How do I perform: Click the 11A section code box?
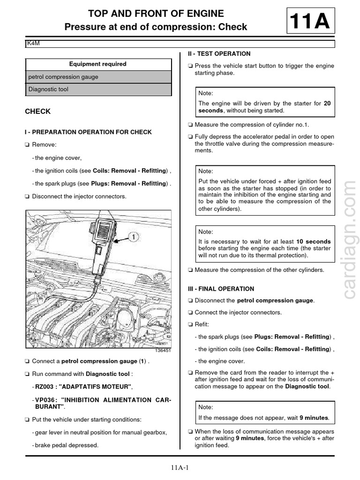310,21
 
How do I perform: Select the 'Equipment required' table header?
98,64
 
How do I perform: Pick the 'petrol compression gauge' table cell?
63,77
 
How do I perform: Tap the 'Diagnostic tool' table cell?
48,89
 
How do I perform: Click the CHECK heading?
37,112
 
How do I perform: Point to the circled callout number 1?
134,238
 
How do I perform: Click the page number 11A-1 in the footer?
180,467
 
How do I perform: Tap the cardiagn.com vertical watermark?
349,239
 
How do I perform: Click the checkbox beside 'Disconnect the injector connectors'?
27,197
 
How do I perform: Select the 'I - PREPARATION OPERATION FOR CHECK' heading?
88,132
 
